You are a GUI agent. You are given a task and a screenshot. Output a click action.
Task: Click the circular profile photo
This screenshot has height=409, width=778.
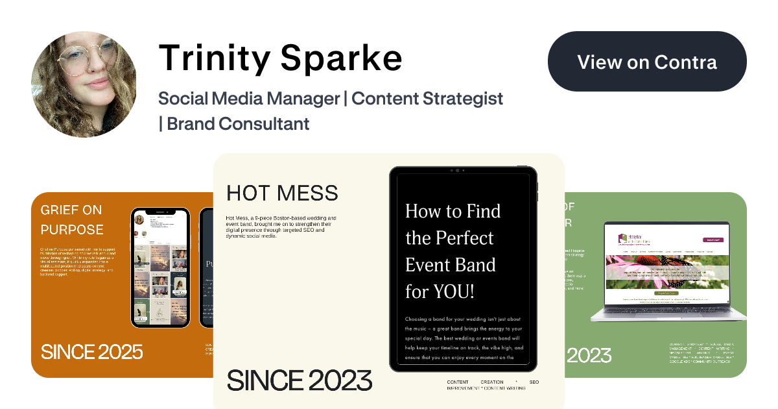[x=84, y=84]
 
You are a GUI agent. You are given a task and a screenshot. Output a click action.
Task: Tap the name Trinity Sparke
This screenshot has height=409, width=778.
[x=280, y=58]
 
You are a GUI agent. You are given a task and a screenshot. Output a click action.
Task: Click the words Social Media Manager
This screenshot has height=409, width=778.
[x=249, y=99]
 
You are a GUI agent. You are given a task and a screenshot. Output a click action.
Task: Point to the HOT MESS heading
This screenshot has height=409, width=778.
[x=282, y=193]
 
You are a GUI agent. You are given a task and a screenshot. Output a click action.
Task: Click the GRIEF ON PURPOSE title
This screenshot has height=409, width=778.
[x=72, y=219]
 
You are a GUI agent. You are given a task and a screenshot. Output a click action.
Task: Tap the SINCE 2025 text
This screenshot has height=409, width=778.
[x=92, y=352]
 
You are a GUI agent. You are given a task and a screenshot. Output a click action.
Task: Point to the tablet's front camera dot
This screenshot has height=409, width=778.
[x=457, y=170]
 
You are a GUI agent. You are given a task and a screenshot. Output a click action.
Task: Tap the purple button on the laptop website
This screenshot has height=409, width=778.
[x=713, y=240]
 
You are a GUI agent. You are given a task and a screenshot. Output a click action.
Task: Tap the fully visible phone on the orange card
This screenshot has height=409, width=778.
[x=160, y=267]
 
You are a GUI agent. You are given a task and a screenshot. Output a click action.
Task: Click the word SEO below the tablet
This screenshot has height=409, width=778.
[x=534, y=382]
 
